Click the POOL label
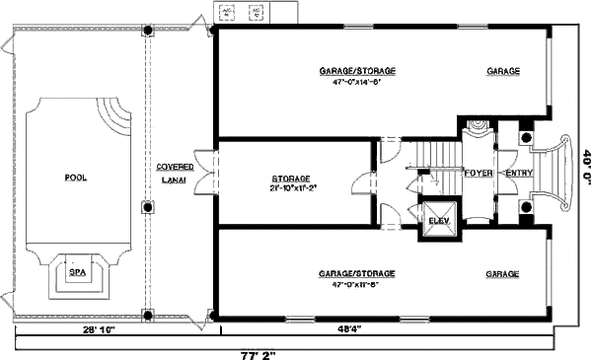pos(75,178)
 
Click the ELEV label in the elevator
pos(437,219)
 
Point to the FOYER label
pos(479,173)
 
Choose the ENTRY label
pos(518,173)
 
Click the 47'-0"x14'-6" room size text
pos(357,82)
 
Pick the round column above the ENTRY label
pos(526,137)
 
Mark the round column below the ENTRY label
pos(526,207)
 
